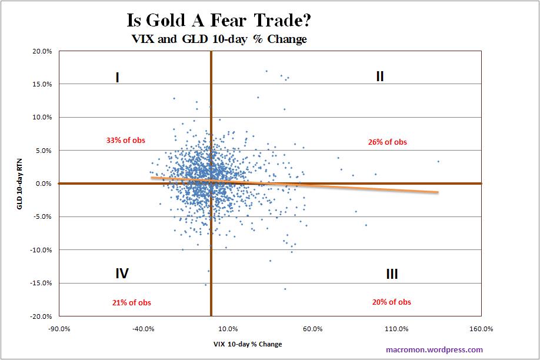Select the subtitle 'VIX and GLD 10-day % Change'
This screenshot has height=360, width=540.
point(219,40)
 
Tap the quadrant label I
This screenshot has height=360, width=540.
point(118,77)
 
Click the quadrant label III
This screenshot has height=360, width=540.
point(392,274)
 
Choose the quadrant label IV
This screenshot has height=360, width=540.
point(122,273)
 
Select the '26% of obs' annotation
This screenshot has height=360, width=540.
point(387,142)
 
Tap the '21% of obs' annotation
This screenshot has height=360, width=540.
point(131,302)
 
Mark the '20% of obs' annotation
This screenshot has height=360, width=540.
point(391,302)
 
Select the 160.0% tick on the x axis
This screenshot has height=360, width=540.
point(481,328)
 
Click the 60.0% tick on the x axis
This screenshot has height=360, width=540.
point(312,328)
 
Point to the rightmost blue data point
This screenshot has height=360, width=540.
point(438,161)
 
